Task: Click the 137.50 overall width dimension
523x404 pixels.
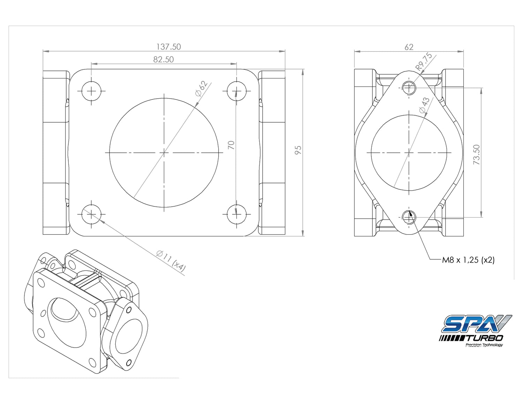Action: [x=168, y=47]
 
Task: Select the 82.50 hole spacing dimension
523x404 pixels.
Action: [x=164, y=60]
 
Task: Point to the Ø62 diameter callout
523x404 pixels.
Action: [x=202, y=89]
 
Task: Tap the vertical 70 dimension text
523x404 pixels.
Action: [x=231, y=145]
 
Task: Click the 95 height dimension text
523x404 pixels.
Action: [x=298, y=150]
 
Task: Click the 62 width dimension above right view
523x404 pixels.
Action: [x=409, y=47]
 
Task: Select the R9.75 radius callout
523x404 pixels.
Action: [x=424, y=62]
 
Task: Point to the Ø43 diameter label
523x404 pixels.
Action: [x=424, y=105]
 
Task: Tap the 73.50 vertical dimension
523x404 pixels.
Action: [x=477, y=154]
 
